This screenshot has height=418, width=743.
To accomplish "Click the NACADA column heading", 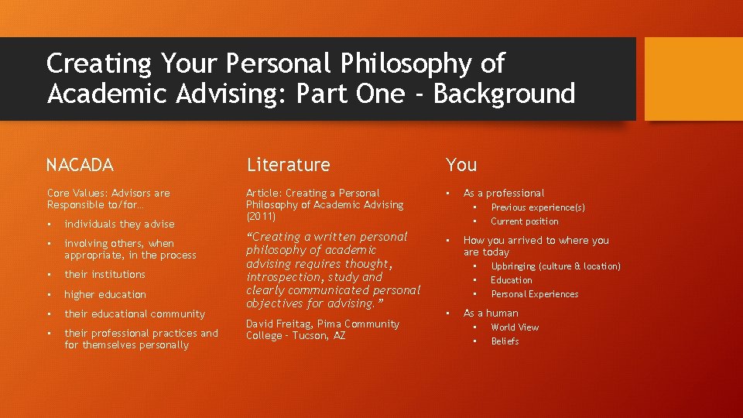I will (x=80, y=165).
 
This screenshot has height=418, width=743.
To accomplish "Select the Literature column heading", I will (x=288, y=165).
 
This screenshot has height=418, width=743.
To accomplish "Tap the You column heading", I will (x=461, y=165).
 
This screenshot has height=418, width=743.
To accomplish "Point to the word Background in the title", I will (x=504, y=94).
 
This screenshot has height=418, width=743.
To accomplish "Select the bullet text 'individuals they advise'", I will (x=119, y=224).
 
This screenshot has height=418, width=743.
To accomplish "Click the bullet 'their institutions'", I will (x=104, y=275).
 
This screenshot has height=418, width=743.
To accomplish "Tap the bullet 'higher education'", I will (x=104, y=295).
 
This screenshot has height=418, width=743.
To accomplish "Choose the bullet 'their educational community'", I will (x=135, y=314).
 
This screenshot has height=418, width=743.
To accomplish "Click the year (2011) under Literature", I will (x=261, y=217).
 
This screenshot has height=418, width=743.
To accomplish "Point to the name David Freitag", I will (x=281, y=324).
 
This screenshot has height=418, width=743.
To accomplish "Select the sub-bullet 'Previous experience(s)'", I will (x=538, y=207).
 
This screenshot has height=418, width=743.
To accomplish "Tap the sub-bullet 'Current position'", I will (x=524, y=221).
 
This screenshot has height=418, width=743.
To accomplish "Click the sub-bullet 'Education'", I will (x=512, y=280).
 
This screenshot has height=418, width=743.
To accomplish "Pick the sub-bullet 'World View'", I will (x=515, y=327).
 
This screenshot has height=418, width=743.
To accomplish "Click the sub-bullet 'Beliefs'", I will (x=505, y=341).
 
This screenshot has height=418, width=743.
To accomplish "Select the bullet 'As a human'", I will (x=491, y=313).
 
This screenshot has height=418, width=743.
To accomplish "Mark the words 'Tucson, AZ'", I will (x=319, y=336).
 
